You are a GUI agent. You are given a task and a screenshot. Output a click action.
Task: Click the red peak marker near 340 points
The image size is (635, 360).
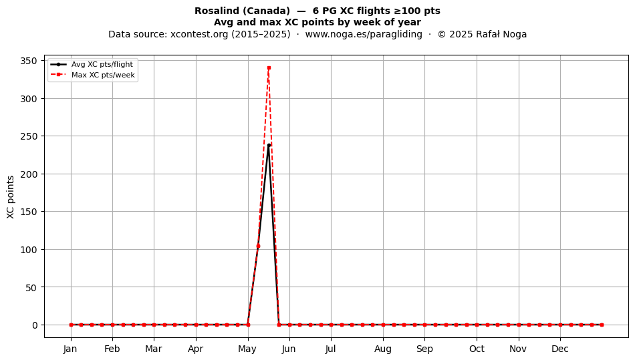coord(269,68)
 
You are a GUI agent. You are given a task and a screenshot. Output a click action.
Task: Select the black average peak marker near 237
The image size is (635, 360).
coord(269,145)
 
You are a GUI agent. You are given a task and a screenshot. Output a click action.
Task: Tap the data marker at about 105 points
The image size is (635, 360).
coord(259,246)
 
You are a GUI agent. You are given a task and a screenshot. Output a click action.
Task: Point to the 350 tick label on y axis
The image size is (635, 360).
coord(28,61)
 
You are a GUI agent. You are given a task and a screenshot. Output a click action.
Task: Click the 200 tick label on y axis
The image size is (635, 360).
coord(28,174)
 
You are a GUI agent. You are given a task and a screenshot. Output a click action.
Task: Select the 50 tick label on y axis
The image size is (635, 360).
coord(31,288)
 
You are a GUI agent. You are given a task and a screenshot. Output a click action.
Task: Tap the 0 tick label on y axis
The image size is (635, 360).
coord(34,325)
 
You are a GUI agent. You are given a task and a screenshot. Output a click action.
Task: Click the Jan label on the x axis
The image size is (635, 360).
coord(70,349)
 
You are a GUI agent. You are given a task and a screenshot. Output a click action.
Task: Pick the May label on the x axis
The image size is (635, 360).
coord(247,349)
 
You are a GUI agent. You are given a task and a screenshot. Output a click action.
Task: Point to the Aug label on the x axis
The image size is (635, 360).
coord(383,349)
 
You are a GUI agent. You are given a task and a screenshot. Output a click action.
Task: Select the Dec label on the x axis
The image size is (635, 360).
coord(560,349)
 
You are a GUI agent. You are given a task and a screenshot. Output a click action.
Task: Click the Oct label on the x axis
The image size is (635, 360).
coord(477,349)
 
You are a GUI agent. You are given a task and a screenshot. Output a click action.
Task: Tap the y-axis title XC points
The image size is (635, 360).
coord(11,197)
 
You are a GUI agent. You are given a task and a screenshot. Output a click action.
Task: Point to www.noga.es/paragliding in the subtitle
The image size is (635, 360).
coord(364,34)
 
